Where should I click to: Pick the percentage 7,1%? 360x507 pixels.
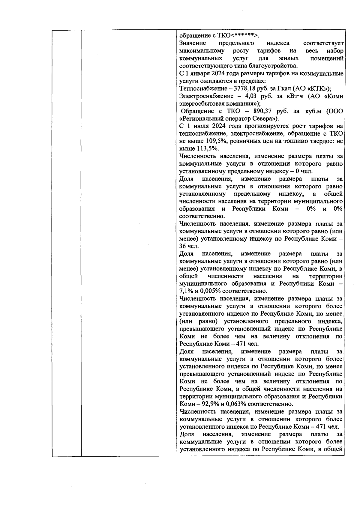click(x=186, y=291)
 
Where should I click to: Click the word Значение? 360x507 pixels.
click(x=191, y=43)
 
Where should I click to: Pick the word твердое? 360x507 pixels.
click(x=321, y=141)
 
